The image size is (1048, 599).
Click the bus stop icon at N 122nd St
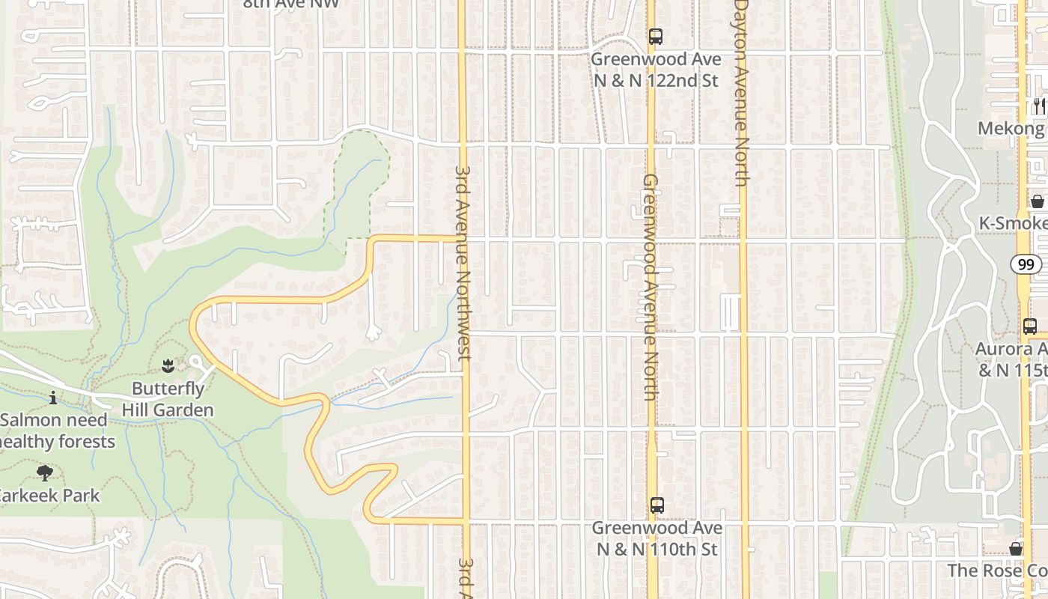click(656, 36)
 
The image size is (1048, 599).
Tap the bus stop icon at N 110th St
click(656, 505)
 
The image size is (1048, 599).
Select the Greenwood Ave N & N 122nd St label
click(656, 70)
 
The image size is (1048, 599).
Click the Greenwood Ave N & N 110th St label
click(656, 538)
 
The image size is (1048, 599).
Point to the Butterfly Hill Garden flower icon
click(168, 366)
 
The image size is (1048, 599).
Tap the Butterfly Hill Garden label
click(168, 399)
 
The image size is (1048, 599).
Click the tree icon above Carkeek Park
click(44, 472)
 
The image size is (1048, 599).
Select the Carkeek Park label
click(49, 495)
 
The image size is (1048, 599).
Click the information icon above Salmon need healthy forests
click(53, 398)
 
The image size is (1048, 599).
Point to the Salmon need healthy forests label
click(57, 431)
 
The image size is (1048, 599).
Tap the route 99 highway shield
click(1026, 264)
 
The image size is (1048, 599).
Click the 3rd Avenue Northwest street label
click(462, 261)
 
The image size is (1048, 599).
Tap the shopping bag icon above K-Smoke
click(1038, 201)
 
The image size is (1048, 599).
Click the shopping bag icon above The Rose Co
click(1016, 549)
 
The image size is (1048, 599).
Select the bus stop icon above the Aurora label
click(1030, 326)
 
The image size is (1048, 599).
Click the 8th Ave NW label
click(291, 4)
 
